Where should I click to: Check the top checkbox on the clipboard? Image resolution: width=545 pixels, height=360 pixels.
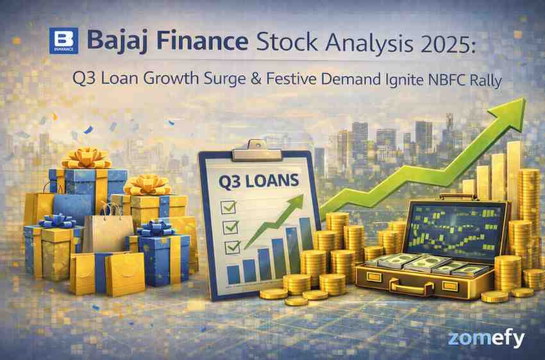point(228,207)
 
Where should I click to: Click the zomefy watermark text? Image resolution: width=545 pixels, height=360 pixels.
point(487,339)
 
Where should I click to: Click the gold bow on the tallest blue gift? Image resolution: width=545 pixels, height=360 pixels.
point(87,159)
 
